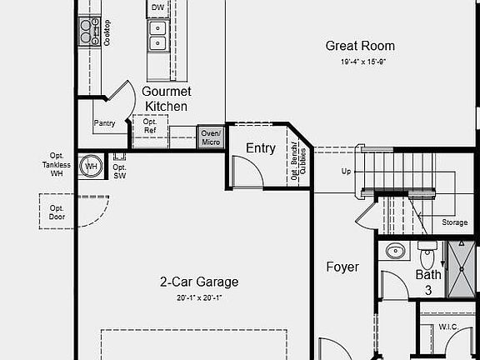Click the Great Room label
coord(360,46)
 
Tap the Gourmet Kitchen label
coord(167,98)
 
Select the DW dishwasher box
coord(157,8)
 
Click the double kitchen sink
coord(157,35)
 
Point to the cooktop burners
coord(87,32)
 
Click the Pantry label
coord(104,123)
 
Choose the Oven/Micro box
coord(210,137)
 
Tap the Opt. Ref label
coord(150,126)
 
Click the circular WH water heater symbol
coord(90,167)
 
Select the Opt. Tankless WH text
coord(57,164)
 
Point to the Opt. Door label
coord(57,213)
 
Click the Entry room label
coord(261,148)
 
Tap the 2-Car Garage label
coord(199,282)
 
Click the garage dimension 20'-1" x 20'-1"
coord(199,297)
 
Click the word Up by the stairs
coord(347,171)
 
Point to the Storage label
coord(454,222)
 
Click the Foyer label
coord(342,267)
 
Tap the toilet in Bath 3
coord(427,254)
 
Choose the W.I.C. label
coord(448,327)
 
